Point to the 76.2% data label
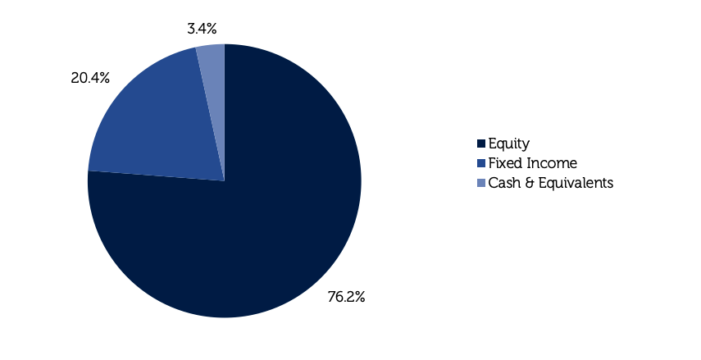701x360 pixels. pyautogui.click(x=347, y=297)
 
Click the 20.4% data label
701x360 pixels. pyautogui.click(x=90, y=78)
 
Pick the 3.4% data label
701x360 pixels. pyautogui.click(x=202, y=29)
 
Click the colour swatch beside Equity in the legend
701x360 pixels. pyautogui.click(x=481, y=144)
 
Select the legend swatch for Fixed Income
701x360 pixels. pyautogui.click(x=481, y=163)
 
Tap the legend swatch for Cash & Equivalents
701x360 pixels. pyautogui.click(x=481, y=183)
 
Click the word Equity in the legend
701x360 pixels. pyautogui.click(x=509, y=144)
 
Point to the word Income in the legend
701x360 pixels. pyautogui.click(x=552, y=163)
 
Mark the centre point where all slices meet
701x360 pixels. pyautogui.click(x=225, y=181)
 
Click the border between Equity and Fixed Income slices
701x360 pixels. pyautogui.click(x=156, y=175)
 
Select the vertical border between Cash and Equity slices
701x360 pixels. pyautogui.click(x=225, y=112)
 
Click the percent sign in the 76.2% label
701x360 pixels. pyautogui.click(x=359, y=297)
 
